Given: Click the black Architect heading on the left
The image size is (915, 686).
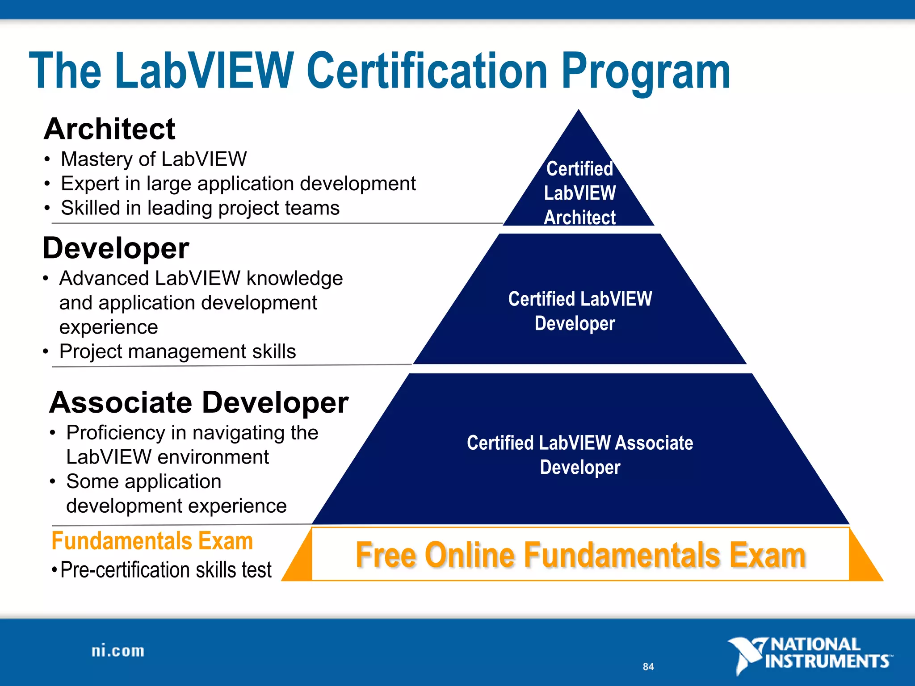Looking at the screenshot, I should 110,129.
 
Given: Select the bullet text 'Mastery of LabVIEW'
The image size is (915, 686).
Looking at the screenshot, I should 154,159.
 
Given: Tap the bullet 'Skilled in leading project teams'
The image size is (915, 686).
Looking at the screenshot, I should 200,208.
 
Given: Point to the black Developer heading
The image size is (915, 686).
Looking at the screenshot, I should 116,248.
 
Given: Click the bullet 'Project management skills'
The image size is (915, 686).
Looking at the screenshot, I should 177,351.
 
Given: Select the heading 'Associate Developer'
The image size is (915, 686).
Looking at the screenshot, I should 199,402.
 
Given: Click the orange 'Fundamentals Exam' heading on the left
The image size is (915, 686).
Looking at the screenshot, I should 152,541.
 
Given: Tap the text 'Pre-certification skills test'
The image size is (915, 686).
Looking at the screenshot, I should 166,570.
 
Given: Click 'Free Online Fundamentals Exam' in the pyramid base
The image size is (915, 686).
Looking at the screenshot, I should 580,555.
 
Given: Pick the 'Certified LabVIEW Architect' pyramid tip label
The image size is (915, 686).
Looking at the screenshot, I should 579,193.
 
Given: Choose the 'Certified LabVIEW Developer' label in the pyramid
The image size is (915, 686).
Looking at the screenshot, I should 579,311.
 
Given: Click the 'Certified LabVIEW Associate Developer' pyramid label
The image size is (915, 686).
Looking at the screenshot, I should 580,455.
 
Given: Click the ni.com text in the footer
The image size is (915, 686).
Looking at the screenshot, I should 118,651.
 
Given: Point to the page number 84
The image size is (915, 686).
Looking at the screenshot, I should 648,667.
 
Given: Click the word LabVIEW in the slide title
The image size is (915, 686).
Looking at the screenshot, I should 204,71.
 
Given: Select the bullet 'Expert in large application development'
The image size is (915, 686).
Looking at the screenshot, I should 238,184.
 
